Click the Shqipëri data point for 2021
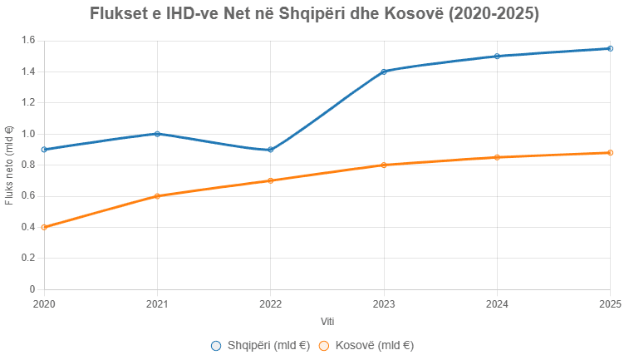(x=157, y=134)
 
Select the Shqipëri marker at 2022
(x=270, y=150)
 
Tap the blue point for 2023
(x=384, y=72)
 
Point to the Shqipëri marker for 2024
(x=497, y=56)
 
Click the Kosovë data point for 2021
(x=157, y=196)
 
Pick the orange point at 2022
(x=270, y=180)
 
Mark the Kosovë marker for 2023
(x=384, y=165)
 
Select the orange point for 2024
(x=497, y=157)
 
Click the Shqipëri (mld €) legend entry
(x=260, y=345)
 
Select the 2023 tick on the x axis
(x=384, y=303)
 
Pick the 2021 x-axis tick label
(x=157, y=303)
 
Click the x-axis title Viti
(x=327, y=321)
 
